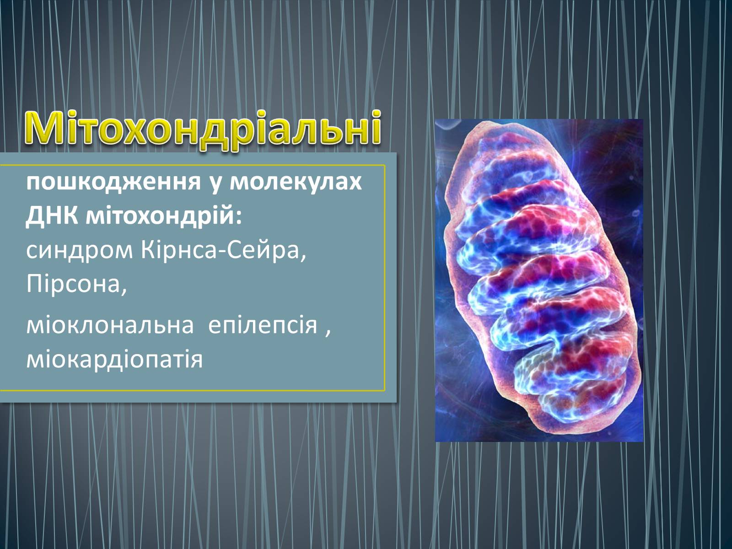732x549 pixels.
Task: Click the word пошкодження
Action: point(114,183)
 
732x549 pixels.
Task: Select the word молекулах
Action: point(296,183)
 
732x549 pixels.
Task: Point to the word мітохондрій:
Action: point(163,217)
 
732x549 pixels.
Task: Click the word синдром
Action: point(80,252)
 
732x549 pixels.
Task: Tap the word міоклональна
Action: point(110,325)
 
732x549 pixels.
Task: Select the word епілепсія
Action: point(263,325)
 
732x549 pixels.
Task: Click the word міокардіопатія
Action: point(114,359)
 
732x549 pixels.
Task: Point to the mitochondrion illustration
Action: point(539,280)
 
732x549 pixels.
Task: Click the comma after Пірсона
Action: point(124,291)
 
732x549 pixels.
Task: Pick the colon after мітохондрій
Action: point(238,218)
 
